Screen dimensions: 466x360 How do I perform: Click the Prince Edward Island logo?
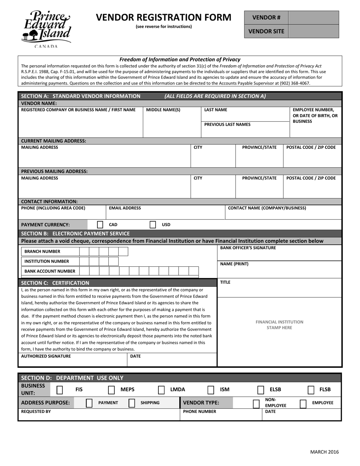(46, 29)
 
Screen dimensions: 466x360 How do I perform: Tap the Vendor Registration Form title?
(163, 17)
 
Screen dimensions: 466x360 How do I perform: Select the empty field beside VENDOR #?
(313, 17)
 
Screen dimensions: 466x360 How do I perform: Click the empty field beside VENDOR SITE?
(313, 31)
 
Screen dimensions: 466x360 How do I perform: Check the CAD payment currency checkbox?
(100, 225)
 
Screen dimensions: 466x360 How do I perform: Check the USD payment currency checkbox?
(153, 225)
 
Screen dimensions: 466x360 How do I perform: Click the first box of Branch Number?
(84, 252)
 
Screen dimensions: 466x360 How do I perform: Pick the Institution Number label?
(47, 261)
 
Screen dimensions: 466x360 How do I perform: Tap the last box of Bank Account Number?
(194, 271)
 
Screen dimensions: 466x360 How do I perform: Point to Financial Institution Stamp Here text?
(279, 325)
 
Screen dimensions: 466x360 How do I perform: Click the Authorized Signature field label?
(46, 356)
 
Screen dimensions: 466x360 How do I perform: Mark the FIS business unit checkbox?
(60, 390)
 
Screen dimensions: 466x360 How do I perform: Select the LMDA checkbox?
(161, 390)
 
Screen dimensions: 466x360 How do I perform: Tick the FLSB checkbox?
(311, 390)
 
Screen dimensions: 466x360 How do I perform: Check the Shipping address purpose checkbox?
(132, 403)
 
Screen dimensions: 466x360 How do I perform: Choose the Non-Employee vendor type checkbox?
(256, 403)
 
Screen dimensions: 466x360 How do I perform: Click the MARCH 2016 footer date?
(324, 452)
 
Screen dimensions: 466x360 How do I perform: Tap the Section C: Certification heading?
(55, 283)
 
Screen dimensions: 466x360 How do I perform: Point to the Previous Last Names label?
(227, 125)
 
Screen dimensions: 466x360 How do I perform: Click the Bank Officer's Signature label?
(248, 248)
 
